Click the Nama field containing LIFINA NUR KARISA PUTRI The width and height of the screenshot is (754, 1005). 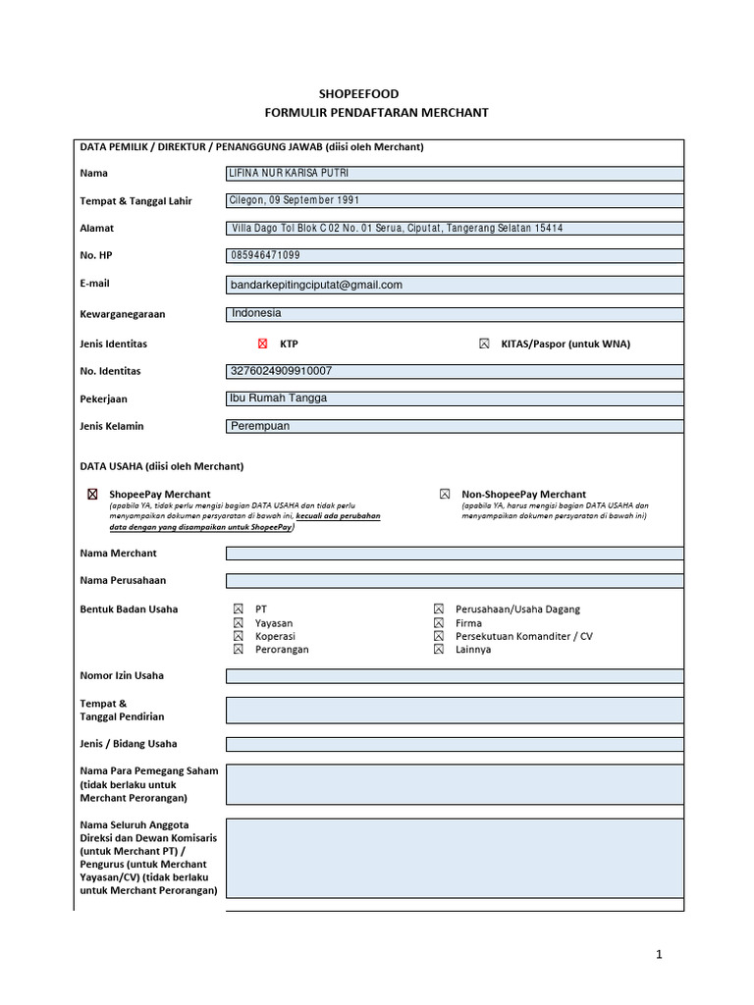point(454,174)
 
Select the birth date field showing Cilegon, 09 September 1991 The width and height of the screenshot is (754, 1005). point(454,200)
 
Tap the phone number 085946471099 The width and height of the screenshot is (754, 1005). point(265,255)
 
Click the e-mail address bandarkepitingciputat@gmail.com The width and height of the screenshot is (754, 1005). point(316,285)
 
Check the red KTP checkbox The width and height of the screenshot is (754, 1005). point(262,344)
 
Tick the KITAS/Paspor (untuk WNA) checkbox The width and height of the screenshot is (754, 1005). point(484,344)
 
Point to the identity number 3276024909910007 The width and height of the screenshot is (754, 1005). point(281,371)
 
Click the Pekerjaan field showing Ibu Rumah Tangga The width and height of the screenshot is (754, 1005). point(454,398)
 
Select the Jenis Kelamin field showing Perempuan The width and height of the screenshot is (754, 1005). point(454,426)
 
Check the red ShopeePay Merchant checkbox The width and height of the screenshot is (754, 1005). point(93,494)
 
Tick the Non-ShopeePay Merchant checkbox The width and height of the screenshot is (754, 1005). point(445,494)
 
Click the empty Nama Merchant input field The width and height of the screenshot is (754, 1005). point(454,554)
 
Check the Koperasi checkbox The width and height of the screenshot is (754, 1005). point(238,636)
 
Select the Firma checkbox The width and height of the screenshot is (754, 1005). point(438,623)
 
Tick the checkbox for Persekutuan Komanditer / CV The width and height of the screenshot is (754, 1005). point(438,636)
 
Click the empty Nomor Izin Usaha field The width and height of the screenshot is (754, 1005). point(454,675)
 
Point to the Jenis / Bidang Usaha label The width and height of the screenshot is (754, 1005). point(129,744)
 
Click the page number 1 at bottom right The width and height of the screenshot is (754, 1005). point(661,954)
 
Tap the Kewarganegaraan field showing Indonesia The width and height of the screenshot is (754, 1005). point(454,314)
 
